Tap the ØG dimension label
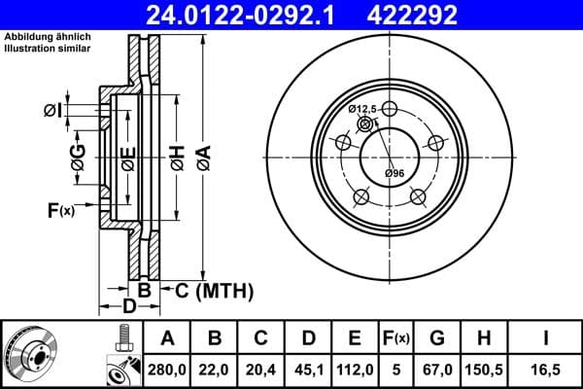tap(78, 158)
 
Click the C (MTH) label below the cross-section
tap(214, 290)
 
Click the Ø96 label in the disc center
tap(394, 173)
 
